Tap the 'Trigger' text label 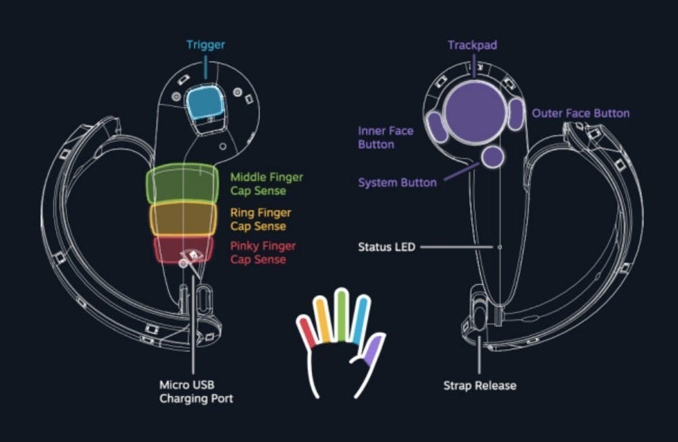pos(205,45)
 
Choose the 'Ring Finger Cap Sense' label pos(258,219)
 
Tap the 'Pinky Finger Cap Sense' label pos(262,252)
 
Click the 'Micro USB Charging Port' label pos(196,392)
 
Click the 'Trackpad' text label pos(472,45)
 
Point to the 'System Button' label pos(397,183)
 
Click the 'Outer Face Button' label pos(580,113)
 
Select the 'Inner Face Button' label pos(386,137)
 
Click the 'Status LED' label pos(386,247)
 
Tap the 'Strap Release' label pos(479,386)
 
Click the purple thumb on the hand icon pos(372,351)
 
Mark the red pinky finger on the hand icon pos(307,333)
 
